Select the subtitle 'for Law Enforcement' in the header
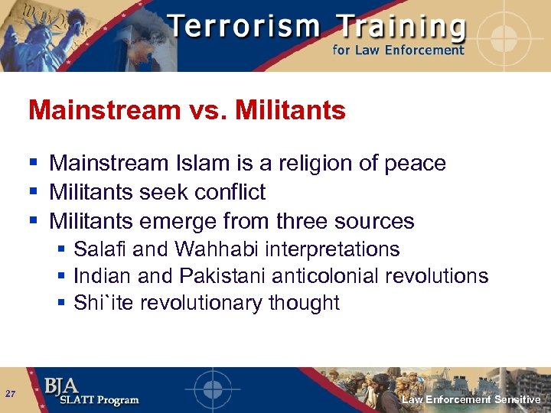click(398, 50)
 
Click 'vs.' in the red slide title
click(207, 111)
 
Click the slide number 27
click(10, 394)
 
